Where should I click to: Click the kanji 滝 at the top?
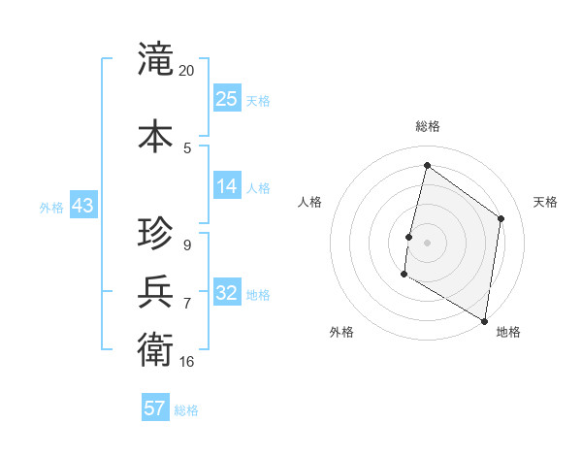(156, 59)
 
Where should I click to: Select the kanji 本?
(156, 135)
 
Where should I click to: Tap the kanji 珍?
(156, 234)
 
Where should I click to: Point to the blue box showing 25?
(227, 98)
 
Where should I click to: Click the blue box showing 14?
(227, 186)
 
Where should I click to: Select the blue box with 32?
(227, 293)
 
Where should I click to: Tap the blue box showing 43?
(82, 206)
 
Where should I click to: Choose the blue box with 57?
(155, 408)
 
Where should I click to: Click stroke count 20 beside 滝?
(187, 71)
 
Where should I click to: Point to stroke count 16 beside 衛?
(187, 362)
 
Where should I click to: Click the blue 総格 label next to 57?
(186, 410)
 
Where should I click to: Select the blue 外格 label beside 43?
(51, 207)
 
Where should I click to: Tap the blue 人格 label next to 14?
(259, 187)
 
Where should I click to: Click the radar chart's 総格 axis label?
(427, 126)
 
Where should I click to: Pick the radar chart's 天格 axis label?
(545, 202)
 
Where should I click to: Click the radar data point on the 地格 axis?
(484, 320)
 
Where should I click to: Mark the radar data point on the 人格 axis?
(409, 237)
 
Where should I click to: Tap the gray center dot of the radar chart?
(427, 243)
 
